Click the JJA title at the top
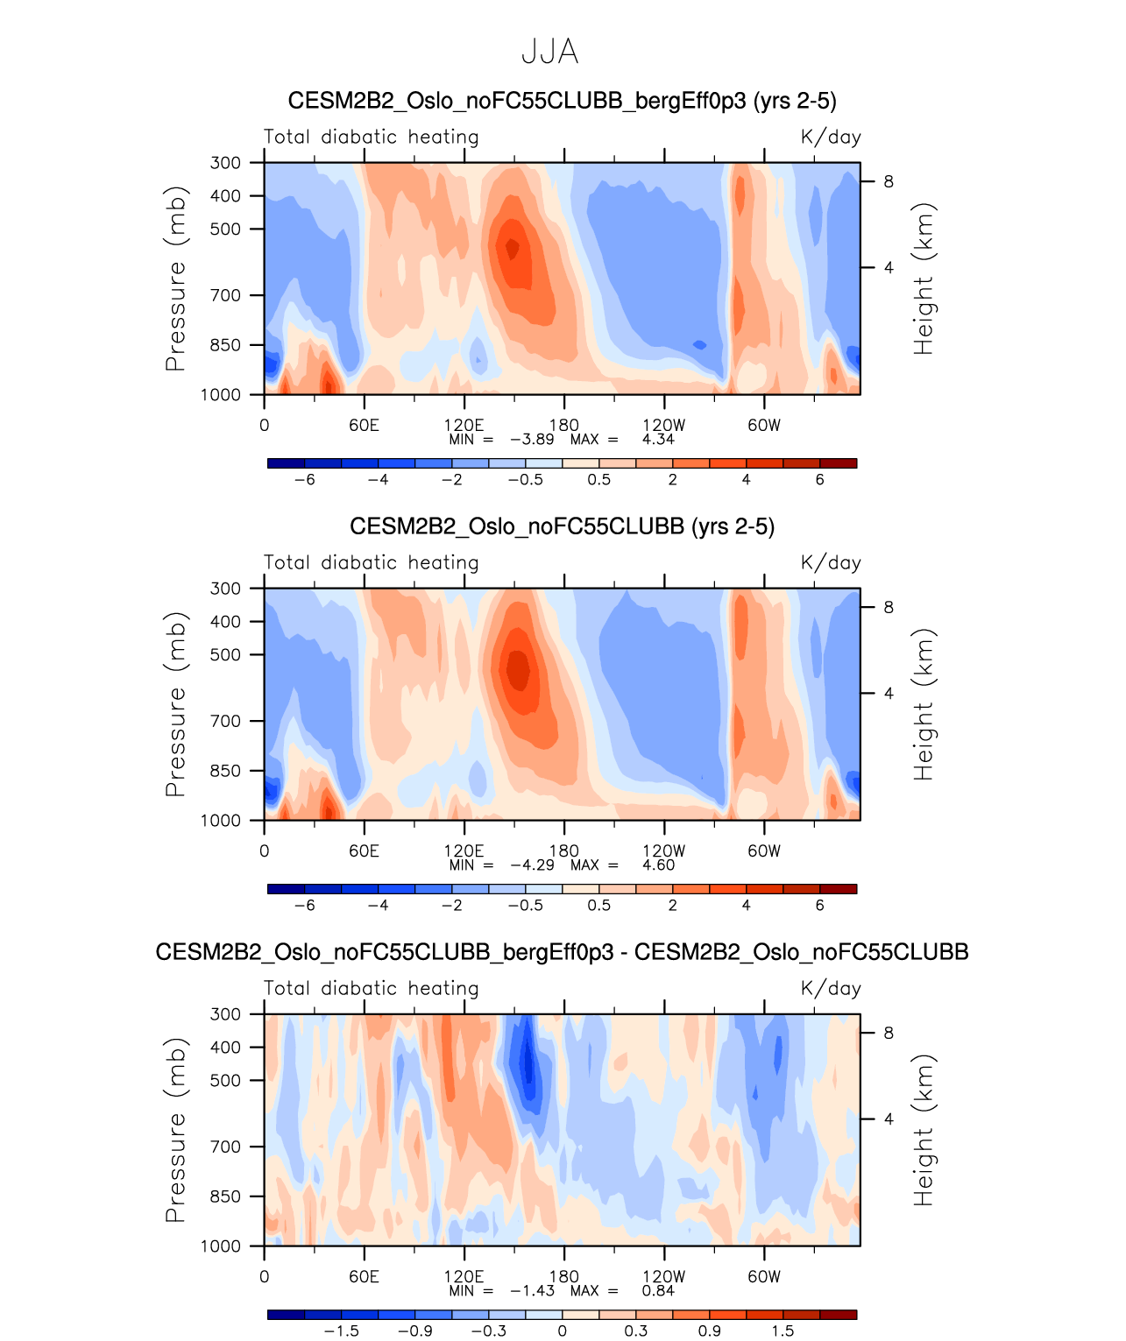(x=549, y=52)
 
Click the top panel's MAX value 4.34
(x=657, y=440)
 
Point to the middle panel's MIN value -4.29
(x=532, y=865)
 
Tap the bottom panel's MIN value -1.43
(x=532, y=1291)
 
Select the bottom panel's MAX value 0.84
(x=657, y=1291)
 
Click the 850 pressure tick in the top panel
(x=225, y=345)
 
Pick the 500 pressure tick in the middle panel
(x=225, y=654)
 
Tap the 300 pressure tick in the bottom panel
(x=225, y=1014)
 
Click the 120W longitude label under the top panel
(x=663, y=426)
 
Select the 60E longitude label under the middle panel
(x=364, y=851)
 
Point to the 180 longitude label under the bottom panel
(x=563, y=1277)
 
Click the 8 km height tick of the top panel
(x=889, y=182)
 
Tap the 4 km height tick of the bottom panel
(x=889, y=1119)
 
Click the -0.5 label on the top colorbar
(x=526, y=480)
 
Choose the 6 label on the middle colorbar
(x=819, y=906)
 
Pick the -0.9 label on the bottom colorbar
(x=415, y=1331)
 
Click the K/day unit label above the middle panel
(x=831, y=563)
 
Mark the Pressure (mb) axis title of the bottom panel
(x=176, y=1130)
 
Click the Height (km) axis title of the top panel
(x=924, y=279)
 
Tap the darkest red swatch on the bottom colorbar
(x=838, y=1315)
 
